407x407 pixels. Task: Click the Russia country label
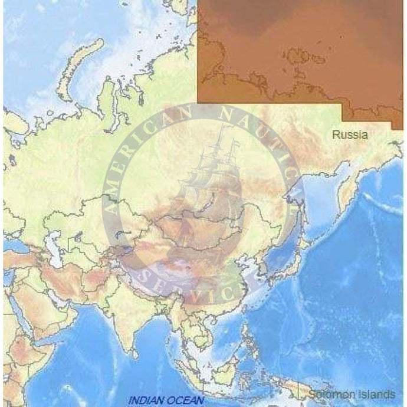click(350, 135)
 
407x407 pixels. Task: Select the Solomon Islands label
click(352, 394)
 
